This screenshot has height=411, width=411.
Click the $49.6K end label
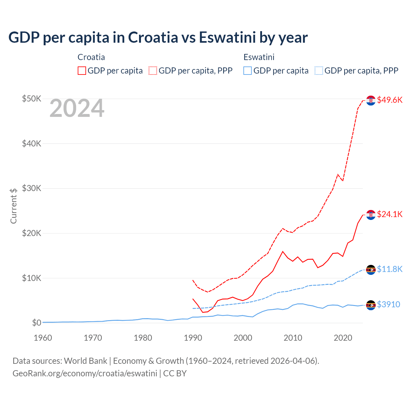pos(389,100)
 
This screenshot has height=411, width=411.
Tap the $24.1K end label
pos(389,214)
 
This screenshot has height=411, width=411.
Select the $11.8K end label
pos(389,269)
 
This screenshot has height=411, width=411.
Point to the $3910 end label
pos(389,304)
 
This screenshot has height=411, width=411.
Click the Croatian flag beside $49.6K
pos(371,101)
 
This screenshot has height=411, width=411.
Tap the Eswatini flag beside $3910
pos(371,305)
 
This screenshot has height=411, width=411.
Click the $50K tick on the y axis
pos(31,99)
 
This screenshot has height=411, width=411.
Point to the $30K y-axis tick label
pos(31,188)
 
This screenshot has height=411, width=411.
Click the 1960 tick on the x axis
pos(43,338)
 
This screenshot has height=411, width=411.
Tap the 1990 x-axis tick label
pos(193,338)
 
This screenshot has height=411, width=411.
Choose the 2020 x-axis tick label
pos(343,338)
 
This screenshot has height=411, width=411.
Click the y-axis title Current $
pos(13,206)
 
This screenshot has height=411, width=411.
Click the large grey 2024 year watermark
pos(77,109)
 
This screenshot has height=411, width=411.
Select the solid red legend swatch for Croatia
pos(82,71)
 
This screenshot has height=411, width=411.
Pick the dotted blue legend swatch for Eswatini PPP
pos(319,71)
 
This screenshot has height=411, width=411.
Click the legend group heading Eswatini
pos(259,57)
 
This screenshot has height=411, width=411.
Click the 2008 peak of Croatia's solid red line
pos(283,251)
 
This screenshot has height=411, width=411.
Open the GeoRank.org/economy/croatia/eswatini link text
pos(85,373)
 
